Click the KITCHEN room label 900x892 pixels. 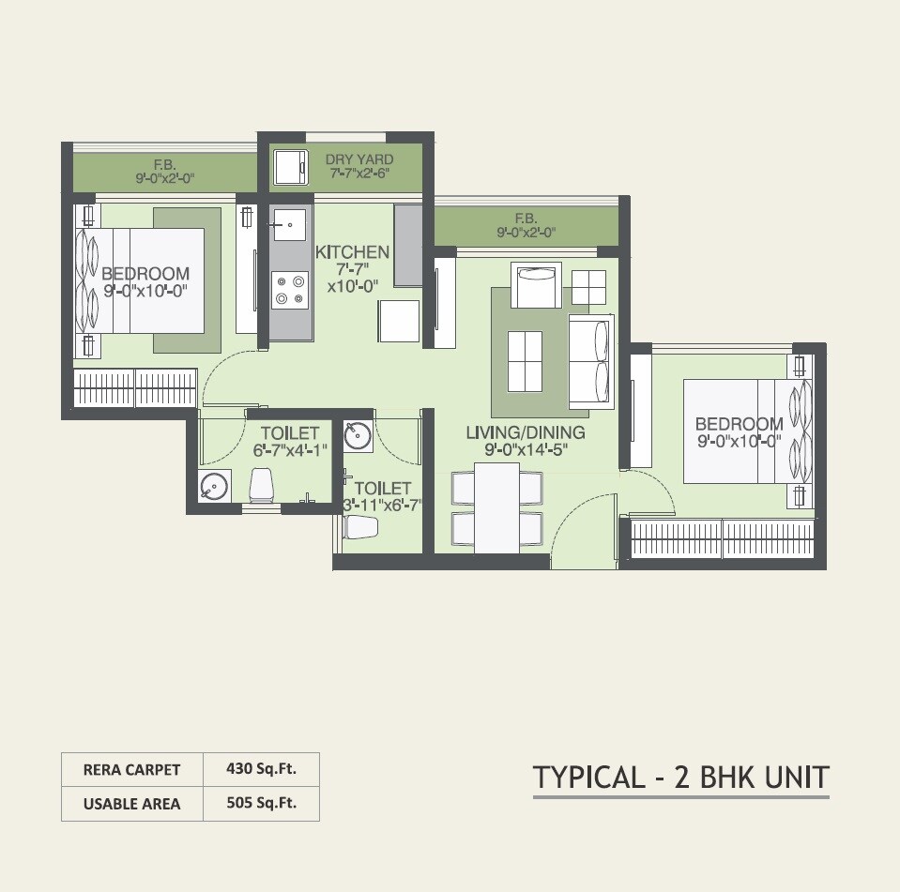coord(352,252)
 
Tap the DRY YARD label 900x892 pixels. coord(359,159)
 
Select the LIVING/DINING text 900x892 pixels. coord(526,432)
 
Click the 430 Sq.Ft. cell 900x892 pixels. coord(261,769)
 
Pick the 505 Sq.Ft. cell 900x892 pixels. coord(261,803)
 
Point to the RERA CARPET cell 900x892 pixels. coord(131,769)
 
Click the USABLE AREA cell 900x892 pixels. coord(131,804)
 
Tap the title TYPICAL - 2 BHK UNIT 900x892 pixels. coord(681,778)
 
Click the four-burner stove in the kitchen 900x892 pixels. coord(290,289)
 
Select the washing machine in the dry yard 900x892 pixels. coord(290,167)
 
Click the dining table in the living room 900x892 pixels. coord(497,507)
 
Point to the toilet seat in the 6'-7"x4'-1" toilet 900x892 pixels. coord(263,486)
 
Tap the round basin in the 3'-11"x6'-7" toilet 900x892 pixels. coord(358,434)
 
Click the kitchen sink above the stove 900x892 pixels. coord(289,224)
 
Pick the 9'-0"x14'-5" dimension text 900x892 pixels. coord(526,449)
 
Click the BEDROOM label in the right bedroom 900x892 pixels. coord(740,425)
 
